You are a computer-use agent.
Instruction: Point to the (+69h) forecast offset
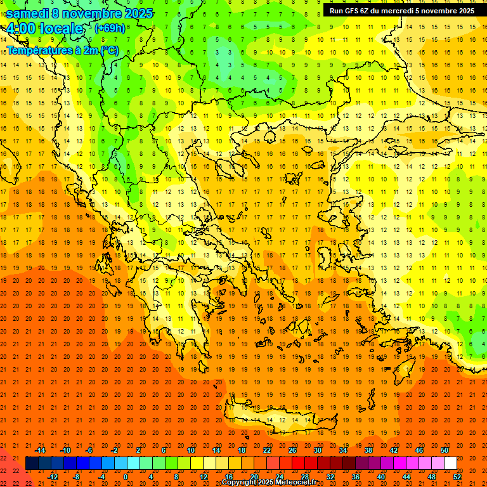point(110,29)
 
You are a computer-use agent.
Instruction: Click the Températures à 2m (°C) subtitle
point(62,51)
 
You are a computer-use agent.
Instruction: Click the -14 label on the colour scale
point(40,450)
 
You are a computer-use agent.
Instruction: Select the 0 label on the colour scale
point(125,476)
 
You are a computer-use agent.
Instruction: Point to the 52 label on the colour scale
point(457,476)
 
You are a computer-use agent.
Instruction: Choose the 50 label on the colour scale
point(444,450)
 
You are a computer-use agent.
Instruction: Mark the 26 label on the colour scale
point(292,450)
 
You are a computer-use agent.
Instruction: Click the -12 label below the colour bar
point(53,476)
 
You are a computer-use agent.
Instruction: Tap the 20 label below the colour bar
point(254,476)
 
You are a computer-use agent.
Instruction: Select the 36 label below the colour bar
point(355,476)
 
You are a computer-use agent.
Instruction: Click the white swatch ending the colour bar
point(450,463)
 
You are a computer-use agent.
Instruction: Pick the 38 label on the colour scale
point(368,450)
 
